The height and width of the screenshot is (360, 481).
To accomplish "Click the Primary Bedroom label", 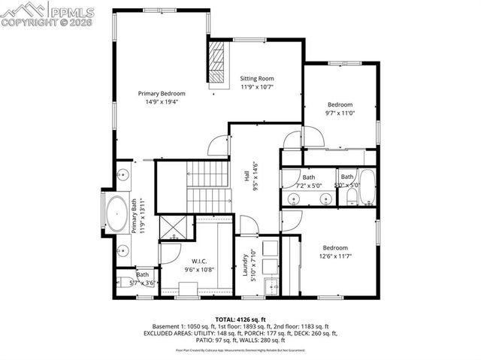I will point(161,94).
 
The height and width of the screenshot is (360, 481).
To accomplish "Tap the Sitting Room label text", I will point(257,78).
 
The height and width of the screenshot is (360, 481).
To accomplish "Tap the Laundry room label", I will point(245,265).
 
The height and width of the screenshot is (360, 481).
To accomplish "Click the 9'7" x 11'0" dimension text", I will point(340,113).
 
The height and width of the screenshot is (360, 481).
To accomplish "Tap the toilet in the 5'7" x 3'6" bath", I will point(125,284).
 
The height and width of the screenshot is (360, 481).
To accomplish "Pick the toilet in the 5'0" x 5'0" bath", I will point(351,198).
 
